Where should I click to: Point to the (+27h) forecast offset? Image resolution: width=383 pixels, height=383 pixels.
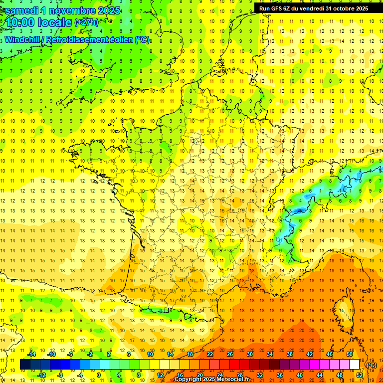tap(86, 22)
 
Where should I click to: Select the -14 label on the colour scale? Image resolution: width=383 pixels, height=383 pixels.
tap(32, 354)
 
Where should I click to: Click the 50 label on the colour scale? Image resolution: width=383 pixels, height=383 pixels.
tap(349, 354)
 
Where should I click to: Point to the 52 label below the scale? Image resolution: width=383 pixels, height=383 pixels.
tap(359, 375)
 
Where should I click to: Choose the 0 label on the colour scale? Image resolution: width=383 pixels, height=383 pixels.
tap(99, 375)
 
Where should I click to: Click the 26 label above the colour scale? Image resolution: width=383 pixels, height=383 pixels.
tap(230, 354)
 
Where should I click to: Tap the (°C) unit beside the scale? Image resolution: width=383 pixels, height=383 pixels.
tap(371, 365)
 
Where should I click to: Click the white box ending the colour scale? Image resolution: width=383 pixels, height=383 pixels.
tap(354, 365)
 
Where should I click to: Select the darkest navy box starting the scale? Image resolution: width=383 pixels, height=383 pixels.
tap(25, 365)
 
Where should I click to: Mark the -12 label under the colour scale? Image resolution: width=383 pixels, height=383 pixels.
tap(42, 375)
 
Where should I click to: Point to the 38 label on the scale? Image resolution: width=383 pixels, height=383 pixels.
tap(290, 354)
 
